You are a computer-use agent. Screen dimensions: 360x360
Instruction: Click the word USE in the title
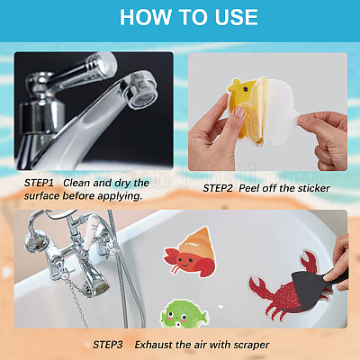coord(237,17)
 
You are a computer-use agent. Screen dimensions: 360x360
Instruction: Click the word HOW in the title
coord(145,17)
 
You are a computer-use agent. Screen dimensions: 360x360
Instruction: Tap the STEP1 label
coord(39,183)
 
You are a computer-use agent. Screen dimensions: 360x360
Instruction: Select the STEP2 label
coord(218,188)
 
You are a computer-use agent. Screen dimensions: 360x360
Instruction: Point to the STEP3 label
coord(108,345)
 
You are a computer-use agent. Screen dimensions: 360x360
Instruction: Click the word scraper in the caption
coord(251,346)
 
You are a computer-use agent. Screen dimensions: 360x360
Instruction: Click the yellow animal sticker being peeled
coord(246,110)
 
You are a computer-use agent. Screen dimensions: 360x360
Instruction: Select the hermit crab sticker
coord(190,253)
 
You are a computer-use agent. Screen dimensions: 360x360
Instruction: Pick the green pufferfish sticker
coord(184,314)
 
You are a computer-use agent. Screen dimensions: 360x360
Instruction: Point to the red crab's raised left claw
coord(258,287)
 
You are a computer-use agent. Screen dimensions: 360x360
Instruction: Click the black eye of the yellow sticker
coord(246,89)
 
